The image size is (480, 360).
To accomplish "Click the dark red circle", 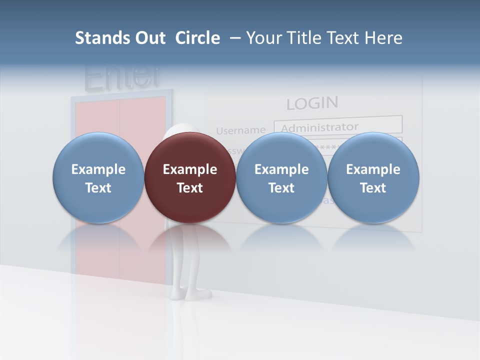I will [x=190, y=177].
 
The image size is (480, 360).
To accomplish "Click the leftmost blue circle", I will [x=98, y=177].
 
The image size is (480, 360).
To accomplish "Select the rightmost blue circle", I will [x=373, y=177].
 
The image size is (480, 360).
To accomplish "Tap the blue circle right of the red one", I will [x=281, y=177].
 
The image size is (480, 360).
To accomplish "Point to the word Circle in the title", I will [x=197, y=38].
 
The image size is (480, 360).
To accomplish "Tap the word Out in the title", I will [x=149, y=38].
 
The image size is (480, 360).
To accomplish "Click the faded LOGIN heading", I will [x=312, y=103].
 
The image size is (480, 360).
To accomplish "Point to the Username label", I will [x=240, y=130].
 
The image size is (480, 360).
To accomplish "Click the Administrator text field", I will [x=338, y=125].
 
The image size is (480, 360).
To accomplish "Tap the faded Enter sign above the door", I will [x=122, y=76].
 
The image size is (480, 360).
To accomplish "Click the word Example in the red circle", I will [x=190, y=169].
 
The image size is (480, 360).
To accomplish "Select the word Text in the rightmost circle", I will [x=373, y=188].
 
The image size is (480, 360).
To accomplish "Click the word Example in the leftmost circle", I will [x=98, y=169].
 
